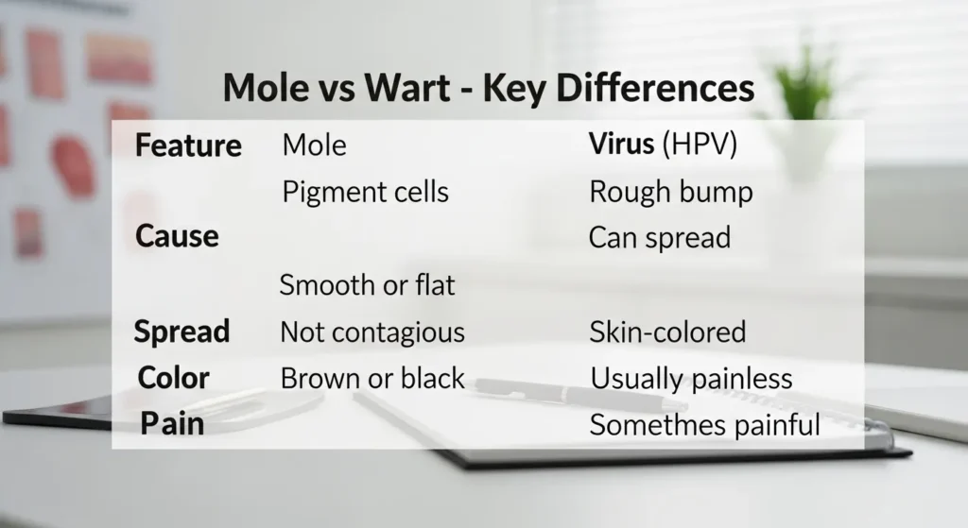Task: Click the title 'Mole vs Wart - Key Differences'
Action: pos(488,88)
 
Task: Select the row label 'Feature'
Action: pos(188,146)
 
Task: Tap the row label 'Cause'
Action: pos(177,236)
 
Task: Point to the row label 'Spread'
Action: pos(181,332)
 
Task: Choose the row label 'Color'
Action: pos(173,378)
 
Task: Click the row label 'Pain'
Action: pos(172,423)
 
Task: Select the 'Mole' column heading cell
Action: pos(314,145)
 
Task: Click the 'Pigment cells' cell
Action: pos(365,193)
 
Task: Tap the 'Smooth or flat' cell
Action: pos(367,284)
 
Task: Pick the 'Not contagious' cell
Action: pos(372,332)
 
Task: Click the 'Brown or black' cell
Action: pos(372,379)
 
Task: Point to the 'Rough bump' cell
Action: pos(670,193)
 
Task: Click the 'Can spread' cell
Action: pos(659,237)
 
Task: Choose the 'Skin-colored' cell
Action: pos(667,332)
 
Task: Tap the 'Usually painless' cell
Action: pos(691,379)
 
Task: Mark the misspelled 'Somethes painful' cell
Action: pos(704,425)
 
